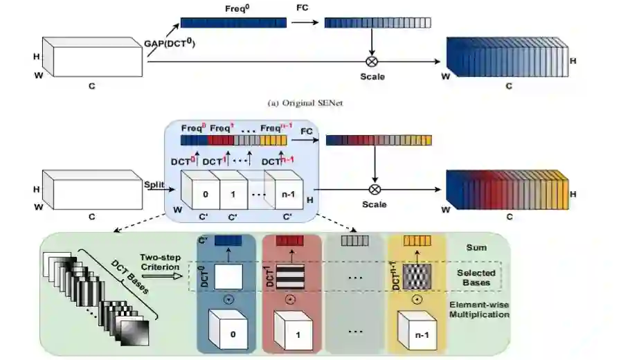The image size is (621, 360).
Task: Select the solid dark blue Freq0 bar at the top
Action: click(233, 22)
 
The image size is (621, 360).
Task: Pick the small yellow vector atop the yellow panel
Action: click(417, 240)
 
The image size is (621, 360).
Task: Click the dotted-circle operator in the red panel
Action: click(290, 303)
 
